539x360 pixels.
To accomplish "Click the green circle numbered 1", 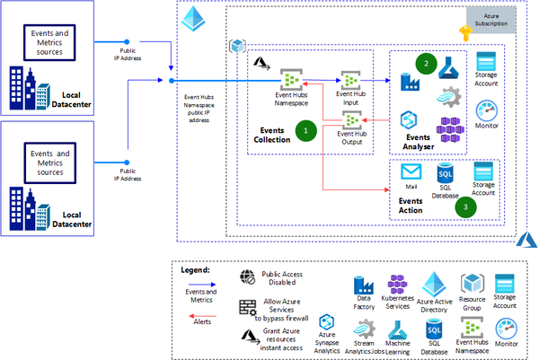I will coord(307,130).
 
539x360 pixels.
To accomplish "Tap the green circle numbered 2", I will coord(429,63).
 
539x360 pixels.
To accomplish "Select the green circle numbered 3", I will coord(465,206).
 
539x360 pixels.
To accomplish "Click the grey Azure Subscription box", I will coord(490,18).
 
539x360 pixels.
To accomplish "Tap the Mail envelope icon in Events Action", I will coord(411,171).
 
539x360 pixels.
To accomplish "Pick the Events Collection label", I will coord(271,133).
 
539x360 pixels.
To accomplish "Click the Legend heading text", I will coord(195,268).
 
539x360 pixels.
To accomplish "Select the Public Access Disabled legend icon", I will coord(249,277).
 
